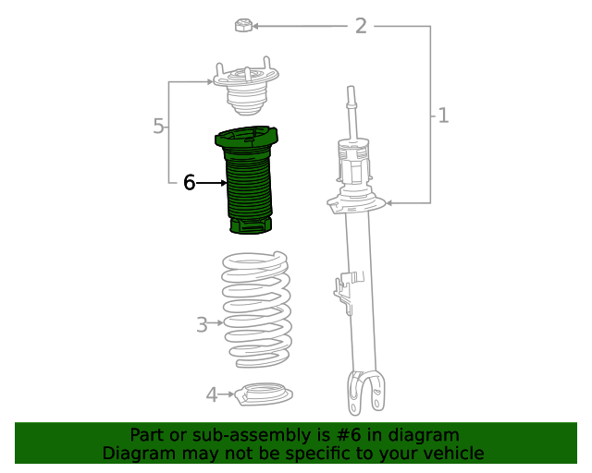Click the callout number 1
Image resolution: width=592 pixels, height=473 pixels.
pyautogui.click(x=443, y=115)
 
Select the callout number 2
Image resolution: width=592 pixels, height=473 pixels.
pyautogui.click(x=361, y=26)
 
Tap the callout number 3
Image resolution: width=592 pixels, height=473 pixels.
pyautogui.click(x=202, y=324)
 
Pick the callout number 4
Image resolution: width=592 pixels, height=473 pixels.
pyautogui.click(x=212, y=395)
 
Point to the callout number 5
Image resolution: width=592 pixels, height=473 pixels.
pyautogui.click(x=159, y=127)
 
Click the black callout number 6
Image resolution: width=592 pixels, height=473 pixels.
pyautogui.click(x=189, y=183)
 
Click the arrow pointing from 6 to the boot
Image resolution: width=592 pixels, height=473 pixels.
pyautogui.click(x=212, y=183)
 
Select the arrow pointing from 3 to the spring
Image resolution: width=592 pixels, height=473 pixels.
pyautogui.click(x=218, y=323)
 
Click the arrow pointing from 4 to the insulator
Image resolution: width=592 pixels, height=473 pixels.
pyautogui.click(x=229, y=395)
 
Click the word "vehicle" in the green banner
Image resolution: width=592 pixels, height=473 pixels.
pyautogui.click(x=450, y=454)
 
